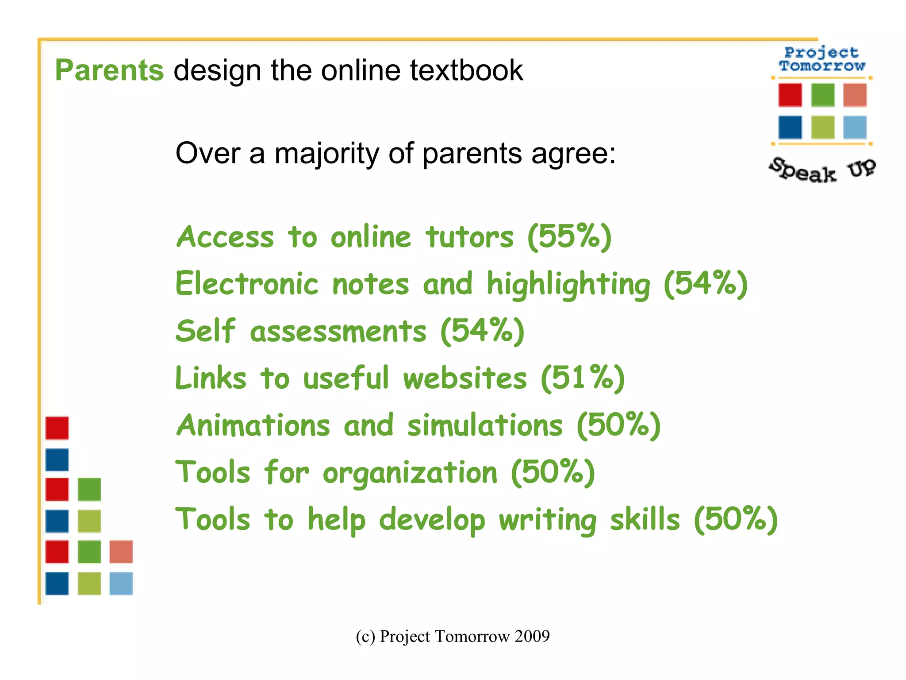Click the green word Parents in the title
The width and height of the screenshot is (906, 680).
pos(109,70)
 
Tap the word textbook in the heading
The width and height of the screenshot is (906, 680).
pos(467,70)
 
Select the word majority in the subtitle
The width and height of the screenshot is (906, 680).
pos(326,154)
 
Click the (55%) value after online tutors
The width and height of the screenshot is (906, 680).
pos(570,237)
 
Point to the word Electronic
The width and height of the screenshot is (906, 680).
pos(247,284)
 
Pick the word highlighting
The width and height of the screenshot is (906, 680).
pos(568,285)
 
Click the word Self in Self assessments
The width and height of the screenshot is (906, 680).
pos(205,331)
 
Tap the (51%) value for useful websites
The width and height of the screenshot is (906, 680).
pos(583,379)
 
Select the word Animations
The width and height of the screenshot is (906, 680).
pos(253,425)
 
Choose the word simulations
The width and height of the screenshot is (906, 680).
pos(485,425)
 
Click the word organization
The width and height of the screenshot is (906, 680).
pos(410,473)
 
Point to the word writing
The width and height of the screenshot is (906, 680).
pos(548,520)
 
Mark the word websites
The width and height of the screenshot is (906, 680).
pos(465,379)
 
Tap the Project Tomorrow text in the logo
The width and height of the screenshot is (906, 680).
pos(822,59)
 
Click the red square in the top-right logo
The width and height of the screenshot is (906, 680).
pos(790,95)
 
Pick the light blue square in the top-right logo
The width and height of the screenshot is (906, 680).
pos(855,127)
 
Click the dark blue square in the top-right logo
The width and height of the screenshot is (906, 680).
pos(790,127)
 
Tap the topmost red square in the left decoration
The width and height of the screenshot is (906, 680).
pos(57,428)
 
